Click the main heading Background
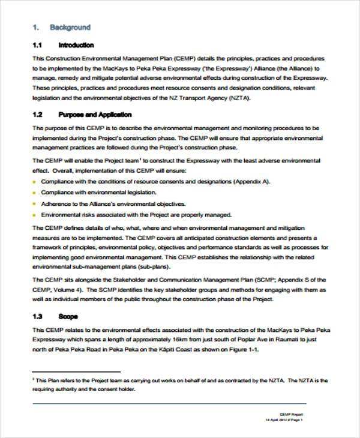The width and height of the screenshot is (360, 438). (x=70, y=27)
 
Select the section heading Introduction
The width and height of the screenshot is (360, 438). (x=76, y=45)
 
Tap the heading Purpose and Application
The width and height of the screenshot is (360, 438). (x=95, y=115)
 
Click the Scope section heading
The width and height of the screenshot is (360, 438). (x=67, y=316)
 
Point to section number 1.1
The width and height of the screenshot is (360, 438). (x=37, y=45)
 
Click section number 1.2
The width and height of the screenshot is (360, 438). (x=37, y=115)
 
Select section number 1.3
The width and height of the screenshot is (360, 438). (x=37, y=316)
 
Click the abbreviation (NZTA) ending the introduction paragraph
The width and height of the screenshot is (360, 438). (x=237, y=98)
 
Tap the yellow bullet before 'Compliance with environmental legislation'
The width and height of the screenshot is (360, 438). (x=34, y=193)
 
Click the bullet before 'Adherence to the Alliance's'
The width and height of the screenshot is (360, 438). (x=34, y=204)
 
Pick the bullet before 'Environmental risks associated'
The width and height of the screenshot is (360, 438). (x=34, y=215)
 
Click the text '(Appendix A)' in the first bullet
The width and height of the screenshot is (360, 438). (x=254, y=181)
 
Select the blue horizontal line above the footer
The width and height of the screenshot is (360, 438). (x=168, y=403)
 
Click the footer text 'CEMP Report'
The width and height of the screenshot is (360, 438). (x=293, y=414)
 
